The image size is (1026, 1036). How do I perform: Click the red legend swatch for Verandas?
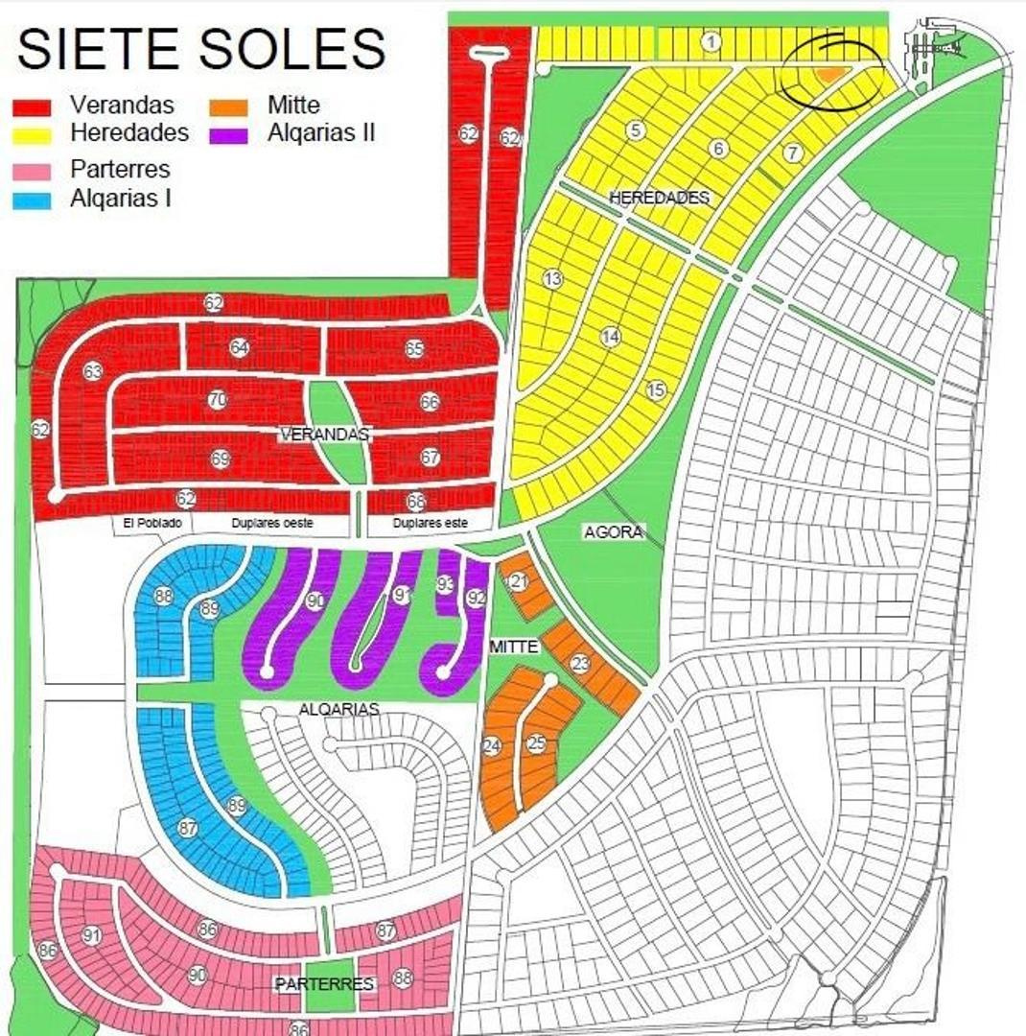pos(31,106)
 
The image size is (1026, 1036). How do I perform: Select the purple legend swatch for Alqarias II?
pos(230,133)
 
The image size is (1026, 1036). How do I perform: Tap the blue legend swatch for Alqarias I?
pos(31,200)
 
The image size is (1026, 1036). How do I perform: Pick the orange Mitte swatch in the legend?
pos(230,106)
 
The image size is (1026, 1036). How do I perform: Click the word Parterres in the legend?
pos(120,170)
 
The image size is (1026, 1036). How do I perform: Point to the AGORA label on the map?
pos(613,531)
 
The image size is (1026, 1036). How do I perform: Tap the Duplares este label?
pos(431,523)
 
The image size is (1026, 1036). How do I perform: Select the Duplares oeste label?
pos(272,523)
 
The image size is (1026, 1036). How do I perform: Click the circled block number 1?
pos(711,41)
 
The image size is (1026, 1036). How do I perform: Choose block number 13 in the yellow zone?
pos(552,279)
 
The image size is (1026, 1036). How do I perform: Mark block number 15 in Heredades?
pos(656,389)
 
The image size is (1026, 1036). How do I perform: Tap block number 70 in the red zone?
pos(218,401)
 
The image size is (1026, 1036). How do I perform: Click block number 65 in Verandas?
pos(414,349)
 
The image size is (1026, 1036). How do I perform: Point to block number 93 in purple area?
pos(445,583)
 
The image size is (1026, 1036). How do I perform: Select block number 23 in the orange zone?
pos(580,663)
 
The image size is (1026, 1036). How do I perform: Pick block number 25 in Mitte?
pos(537,742)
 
